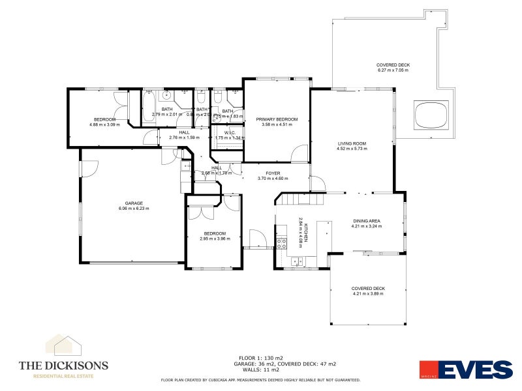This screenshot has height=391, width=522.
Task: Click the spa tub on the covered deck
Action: [431, 115]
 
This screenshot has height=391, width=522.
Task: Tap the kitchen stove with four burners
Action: [282, 244]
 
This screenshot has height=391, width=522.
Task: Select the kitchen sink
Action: [297, 261]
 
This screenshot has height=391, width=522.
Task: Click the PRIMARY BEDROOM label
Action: [277, 119]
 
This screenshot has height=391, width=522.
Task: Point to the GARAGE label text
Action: [134, 203]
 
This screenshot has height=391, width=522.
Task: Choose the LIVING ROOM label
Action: [352, 143]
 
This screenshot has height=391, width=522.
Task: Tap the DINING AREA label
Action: [366, 221]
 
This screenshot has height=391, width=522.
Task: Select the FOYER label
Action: [273, 173]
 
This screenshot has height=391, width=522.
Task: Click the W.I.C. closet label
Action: [229, 132]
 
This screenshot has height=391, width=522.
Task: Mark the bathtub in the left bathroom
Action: [147, 109]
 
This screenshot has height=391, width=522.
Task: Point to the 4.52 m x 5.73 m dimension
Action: [352, 149]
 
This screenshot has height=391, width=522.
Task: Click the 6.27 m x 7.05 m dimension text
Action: [393, 70]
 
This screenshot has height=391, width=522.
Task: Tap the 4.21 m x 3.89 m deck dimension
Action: [368, 294]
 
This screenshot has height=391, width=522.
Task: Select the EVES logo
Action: [465, 369]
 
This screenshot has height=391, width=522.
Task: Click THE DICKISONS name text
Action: [63, 366]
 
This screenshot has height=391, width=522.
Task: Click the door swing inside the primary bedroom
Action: [299, 154]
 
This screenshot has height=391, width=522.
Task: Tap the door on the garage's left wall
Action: [84, 168]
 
